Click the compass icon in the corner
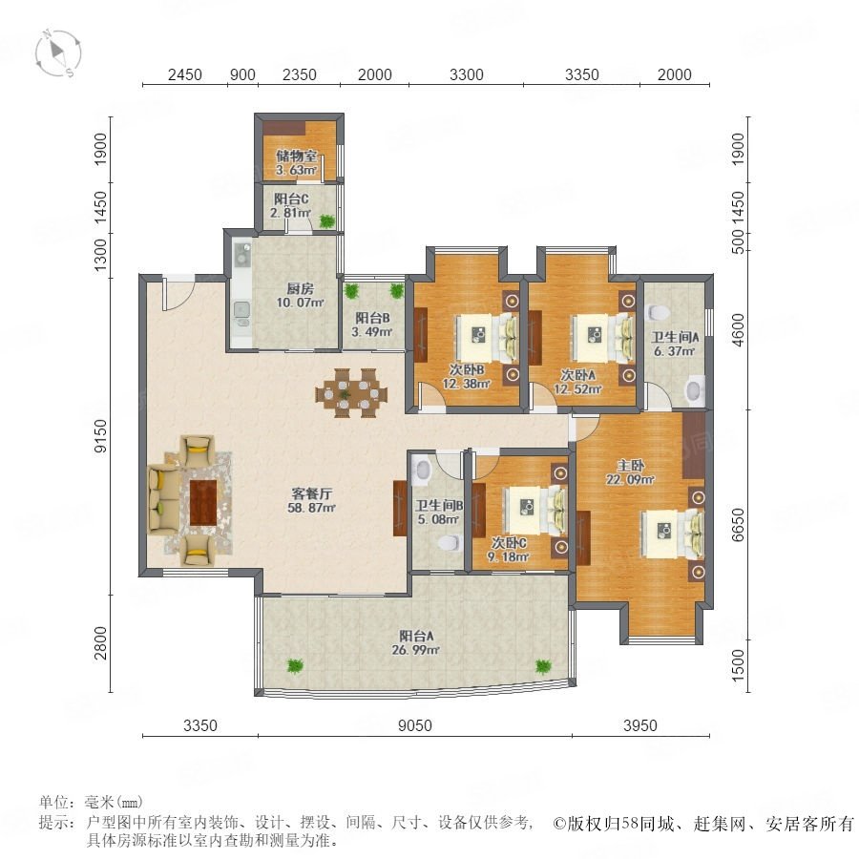[x=58, y=52]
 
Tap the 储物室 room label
[x=297, y=156]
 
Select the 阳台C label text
[x=291, y=199]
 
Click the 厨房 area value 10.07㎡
[x=301, y=303]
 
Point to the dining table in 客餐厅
[x=351, y=393]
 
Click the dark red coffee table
[x=203, y=502]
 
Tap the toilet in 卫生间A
[x=658, y=313]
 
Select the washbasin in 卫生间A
[x=695, y=390]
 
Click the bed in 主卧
[x=672, y=533]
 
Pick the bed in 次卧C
[x=534, y=510]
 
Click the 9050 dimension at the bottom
[x=415, y=725]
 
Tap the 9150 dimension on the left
[x=101, y=436]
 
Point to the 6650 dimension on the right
[x=738, y=524]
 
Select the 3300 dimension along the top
[x=466, y=74]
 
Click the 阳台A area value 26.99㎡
[x=416, y=650]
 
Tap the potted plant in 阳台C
[x=327, y=220]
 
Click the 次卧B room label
[x=466, y=369]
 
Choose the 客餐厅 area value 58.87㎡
[x=311, y=508]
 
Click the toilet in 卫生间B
[x=449, y=543]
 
